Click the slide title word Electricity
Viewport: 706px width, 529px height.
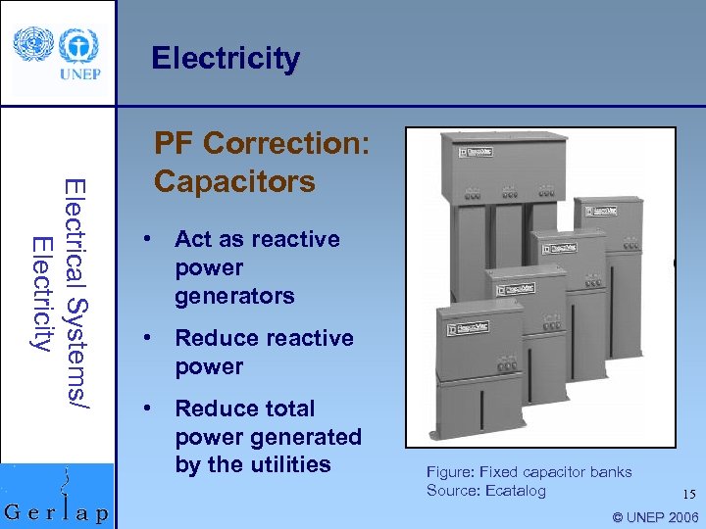[x=226, y=59]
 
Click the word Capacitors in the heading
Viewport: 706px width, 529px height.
[x=234, y=182]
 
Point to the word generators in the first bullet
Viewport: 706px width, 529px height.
[x=234, y=296]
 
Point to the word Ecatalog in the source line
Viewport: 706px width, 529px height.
[x=514, y=491]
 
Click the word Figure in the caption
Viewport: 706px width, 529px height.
[x=449, y=472]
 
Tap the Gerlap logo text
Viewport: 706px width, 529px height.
[x=57, y=511]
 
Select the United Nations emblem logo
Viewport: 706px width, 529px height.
[x=32, y=43]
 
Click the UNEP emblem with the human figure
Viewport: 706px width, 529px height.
[x=78, y=45]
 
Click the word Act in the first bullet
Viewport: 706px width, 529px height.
[x=193, y=239]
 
